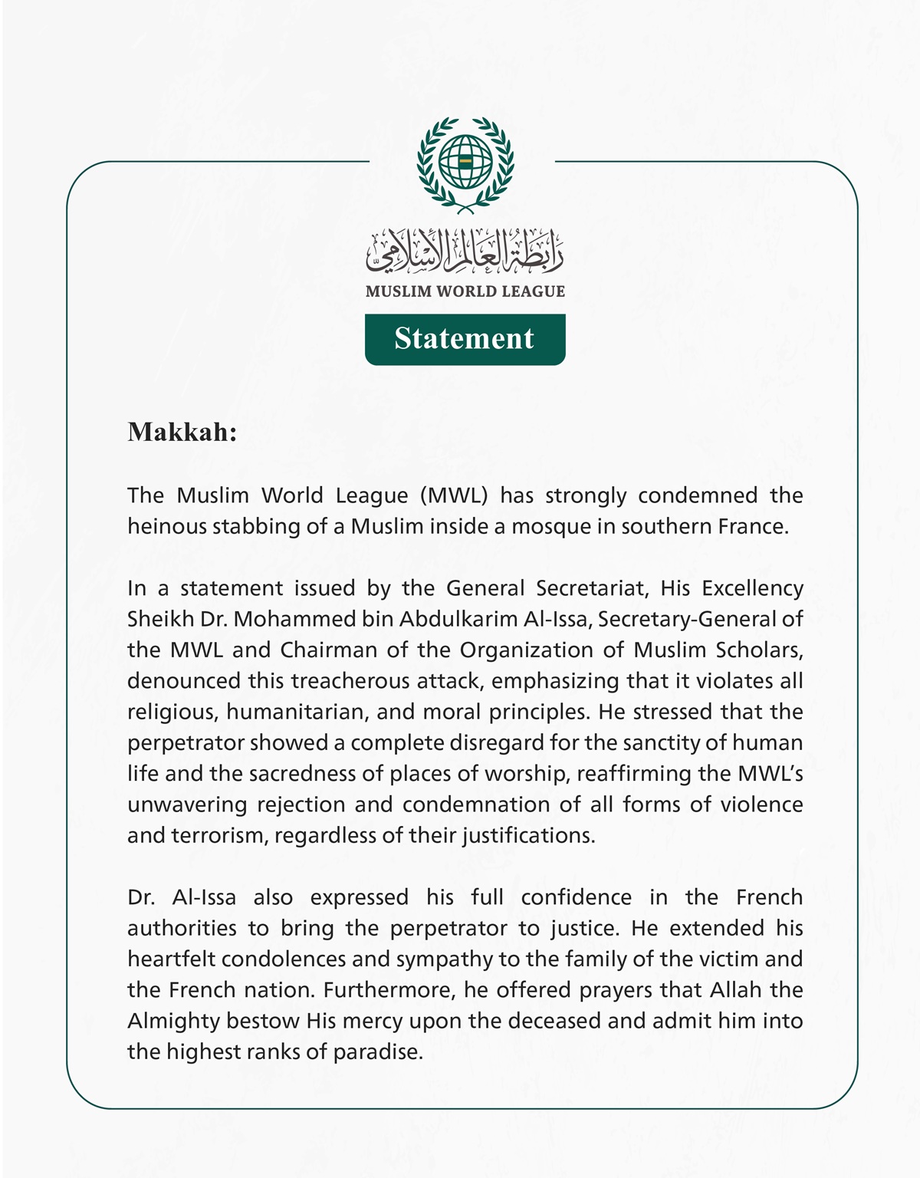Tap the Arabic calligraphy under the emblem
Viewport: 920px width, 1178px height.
coord(465,252)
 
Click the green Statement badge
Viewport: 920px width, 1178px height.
coord(465,339)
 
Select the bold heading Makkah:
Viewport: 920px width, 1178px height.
coord(182,433)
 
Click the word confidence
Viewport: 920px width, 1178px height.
coord(576,897)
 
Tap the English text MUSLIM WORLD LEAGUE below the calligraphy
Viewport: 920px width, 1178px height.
coord(465,291)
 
